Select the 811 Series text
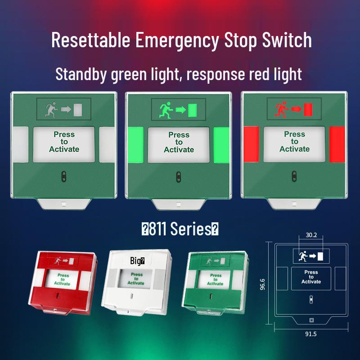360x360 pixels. pyautogui.click(x=180, y=229)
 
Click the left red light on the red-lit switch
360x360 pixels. pyautogui.click(x=251, y=144)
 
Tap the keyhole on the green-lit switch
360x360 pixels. pyautogui.click(x=178, y=175)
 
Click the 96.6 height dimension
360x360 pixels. pyautogui.click(x=263, y=284)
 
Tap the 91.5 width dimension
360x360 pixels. pyautogui.click(x=311, y=334)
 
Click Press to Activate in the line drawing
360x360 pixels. pyautogui.click(x=311, y=277)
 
